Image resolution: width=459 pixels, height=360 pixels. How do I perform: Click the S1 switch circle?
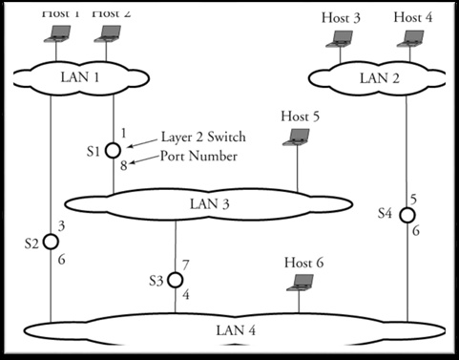(x=114, y=150)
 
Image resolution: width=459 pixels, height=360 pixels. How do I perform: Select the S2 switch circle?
(x=52, y=243)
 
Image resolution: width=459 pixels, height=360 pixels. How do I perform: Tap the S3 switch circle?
(x=176, y=280)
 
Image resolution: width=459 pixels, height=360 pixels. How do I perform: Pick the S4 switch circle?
(x=407, y=215)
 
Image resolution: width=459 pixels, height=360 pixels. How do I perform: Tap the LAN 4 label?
(x=238, y=330)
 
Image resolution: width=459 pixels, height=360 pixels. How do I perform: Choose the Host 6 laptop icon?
(x=303, y=281)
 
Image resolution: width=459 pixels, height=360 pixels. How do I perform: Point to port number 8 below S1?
(x=123, y=166)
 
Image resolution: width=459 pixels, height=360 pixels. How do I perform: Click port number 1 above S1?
(x=123, y=132)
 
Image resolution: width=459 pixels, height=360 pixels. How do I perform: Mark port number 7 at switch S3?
(x=185, y=263)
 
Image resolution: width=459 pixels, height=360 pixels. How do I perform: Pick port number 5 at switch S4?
(x=414, y=198)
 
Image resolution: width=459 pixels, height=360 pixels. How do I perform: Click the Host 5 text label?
(x=301, y=116)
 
